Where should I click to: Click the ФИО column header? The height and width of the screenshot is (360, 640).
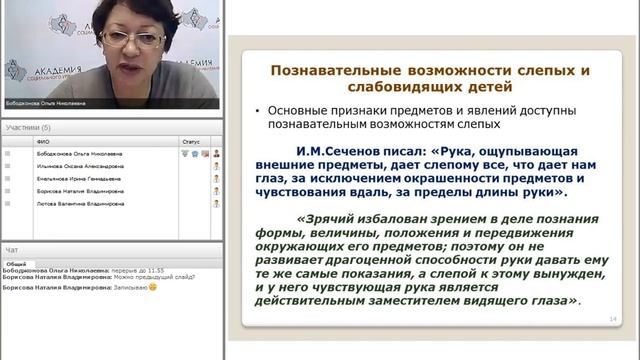(43, 142)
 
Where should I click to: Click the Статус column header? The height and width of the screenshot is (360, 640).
(191, 142)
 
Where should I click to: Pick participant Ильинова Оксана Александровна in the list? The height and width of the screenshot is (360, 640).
(79, 166)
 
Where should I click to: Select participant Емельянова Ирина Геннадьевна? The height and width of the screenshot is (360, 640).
(79, 178)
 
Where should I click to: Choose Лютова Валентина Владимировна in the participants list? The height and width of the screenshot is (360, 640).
(79, 203)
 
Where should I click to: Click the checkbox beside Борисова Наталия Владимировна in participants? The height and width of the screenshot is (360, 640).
(8, 190)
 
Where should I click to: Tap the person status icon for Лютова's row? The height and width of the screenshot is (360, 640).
(215, 203)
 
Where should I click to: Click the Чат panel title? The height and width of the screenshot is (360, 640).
(12, 249)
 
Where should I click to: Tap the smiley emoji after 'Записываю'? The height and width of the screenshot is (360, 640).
(154, 287)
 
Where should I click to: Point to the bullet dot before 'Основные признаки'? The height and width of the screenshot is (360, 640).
(259, 110)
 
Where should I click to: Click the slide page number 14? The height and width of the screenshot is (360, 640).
(612, 319)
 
